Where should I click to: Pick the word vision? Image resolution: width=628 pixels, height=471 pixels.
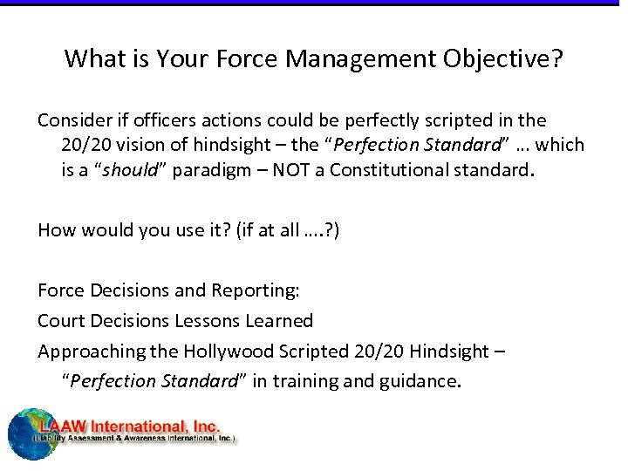tap(140, 145)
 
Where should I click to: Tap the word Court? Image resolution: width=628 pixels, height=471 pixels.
tap(61, 321)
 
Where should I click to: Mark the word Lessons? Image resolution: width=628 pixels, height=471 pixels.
tap(204, 321)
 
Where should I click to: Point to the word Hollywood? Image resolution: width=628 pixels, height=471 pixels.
tap(226, 352)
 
